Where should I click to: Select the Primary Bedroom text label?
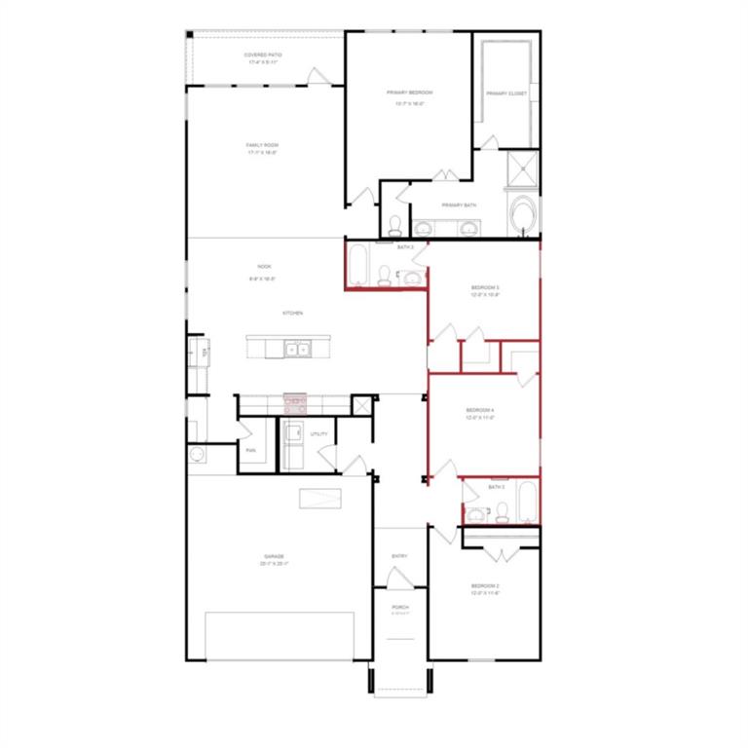pos(409,93)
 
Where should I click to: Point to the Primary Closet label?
pos(506,93)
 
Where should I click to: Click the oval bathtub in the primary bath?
pos(523,213)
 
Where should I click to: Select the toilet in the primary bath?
pos(395,226)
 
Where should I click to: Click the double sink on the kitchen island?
pos(297,347)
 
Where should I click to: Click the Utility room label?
pos(319,433)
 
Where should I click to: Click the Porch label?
pos(399,608)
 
